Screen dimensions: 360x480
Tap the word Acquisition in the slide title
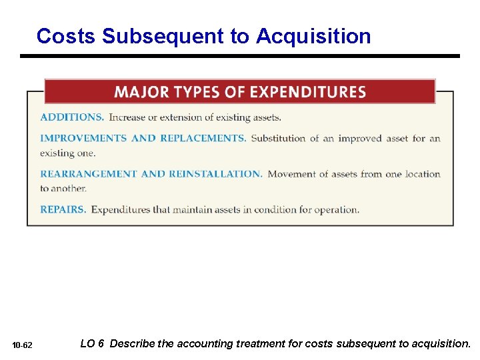coord(313,36)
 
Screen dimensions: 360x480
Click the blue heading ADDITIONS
coord(72,117)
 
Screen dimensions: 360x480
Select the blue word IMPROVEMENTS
coord(83,139)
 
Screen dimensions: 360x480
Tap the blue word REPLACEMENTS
coord(203,139)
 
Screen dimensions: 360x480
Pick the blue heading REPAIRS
coord(63,209)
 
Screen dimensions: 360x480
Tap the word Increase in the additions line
coord(127,117)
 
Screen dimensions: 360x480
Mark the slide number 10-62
coord(23,345)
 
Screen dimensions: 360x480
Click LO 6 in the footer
coord(91,344)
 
